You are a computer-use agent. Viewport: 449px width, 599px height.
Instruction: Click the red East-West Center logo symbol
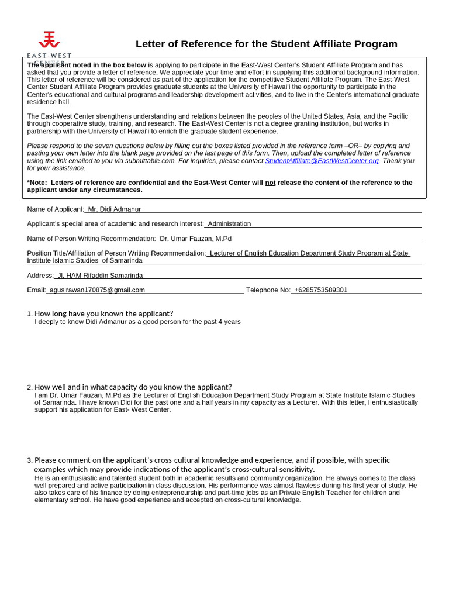(x=49, y=40)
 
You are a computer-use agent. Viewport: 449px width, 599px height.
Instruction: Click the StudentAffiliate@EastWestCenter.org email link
(x=322, y=161)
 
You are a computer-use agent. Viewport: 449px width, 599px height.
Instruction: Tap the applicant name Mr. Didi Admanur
(x=115, y=209)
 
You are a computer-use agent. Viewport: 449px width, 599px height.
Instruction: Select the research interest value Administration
(x=229, y=224)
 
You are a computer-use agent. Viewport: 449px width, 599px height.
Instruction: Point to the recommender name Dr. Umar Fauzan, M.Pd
(x=195, y=239)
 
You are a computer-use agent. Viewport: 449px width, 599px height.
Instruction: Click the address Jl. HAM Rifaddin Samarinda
(x=100, y=276)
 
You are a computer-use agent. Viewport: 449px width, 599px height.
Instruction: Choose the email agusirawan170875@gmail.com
(x=97, y=290)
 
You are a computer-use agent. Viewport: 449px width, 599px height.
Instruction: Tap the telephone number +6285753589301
(x=320, y=290)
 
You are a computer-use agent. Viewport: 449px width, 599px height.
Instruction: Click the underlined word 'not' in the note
(x=270, y=183)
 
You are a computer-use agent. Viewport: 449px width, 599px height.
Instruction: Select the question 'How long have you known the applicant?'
(x=103, y=314)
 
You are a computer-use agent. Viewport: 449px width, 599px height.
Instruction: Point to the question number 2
(x=29, y=387)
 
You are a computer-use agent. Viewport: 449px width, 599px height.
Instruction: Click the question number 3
(x=29, y=460)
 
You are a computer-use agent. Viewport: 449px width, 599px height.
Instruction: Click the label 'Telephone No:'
(x=268, y=290)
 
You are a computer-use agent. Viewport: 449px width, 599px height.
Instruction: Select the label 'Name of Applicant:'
(x=56, y=209)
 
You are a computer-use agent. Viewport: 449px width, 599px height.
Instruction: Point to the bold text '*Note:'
(x=37, y=183)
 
